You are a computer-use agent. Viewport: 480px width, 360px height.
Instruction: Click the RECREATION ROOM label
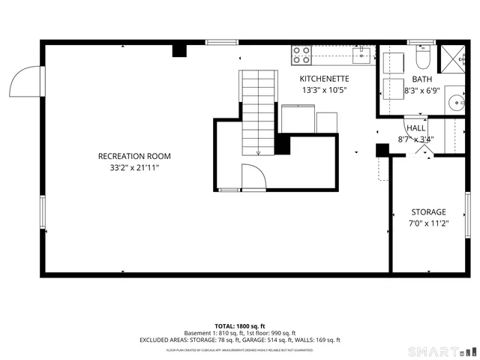(134, 156)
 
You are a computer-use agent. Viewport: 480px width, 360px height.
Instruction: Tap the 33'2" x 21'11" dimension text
(134, 168)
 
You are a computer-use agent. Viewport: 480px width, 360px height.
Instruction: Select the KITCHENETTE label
(324, 78)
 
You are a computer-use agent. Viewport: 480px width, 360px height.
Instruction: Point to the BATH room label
(421, 79)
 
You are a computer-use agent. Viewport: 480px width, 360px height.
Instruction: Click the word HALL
(415, 128)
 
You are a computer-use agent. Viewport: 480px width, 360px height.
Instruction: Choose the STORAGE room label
(428, 212)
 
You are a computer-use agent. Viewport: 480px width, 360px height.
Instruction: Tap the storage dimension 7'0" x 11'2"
(428, 223)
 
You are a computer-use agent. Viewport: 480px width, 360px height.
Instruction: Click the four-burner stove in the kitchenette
(301, 54)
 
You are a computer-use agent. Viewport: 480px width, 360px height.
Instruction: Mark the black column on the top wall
(179, 51)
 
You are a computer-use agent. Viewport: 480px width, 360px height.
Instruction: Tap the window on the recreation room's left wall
(43, 212)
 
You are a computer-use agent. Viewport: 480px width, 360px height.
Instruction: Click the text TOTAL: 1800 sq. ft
(240, 326)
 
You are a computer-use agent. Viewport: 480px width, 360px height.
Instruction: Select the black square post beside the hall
(382, 150)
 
